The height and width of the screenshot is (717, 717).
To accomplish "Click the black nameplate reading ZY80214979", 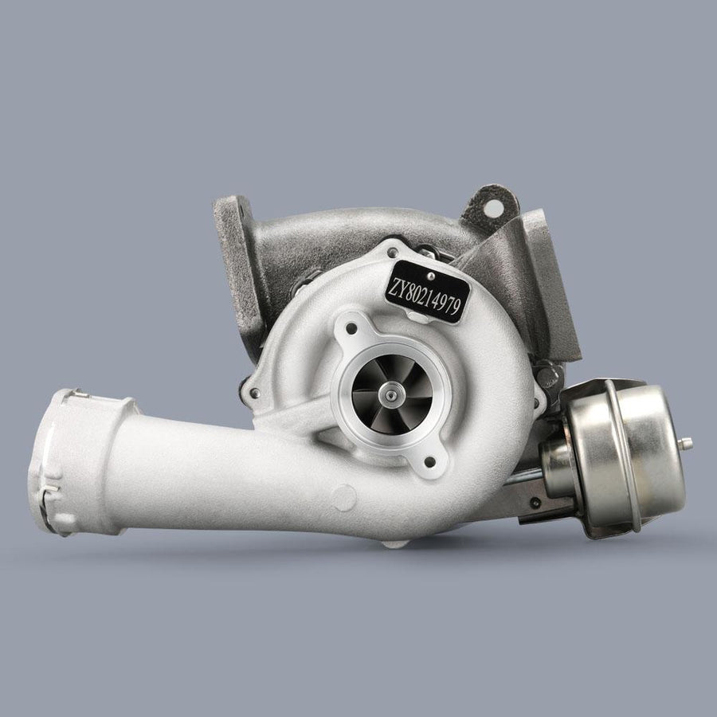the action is [427, 292].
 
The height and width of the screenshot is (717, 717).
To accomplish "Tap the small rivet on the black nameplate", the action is [429, 276].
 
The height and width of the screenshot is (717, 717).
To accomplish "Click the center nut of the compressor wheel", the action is [392, 394].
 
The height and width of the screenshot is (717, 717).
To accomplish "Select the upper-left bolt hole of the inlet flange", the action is [351, 328].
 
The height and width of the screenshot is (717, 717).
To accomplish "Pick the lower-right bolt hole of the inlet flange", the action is [430, 462].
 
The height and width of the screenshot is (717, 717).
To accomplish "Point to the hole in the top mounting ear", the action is [493, 209].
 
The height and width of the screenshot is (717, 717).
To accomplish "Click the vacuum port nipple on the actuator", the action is [685, 443].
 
